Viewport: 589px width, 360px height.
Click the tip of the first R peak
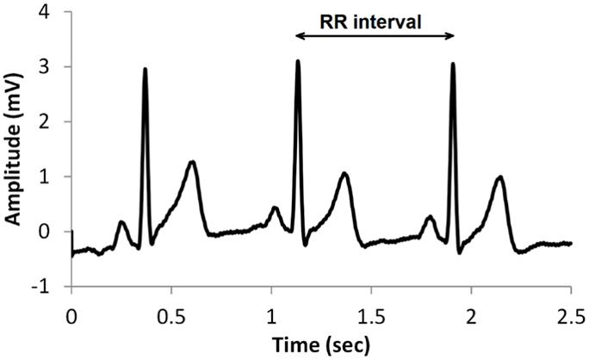145,69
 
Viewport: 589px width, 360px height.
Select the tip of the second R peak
298,61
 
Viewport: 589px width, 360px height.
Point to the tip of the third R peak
452,64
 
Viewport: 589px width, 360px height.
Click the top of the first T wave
192,162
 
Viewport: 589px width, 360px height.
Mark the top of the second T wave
344,174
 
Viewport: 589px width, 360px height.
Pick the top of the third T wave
499,177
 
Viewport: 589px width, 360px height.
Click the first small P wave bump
121,222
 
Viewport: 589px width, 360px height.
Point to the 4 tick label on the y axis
55,12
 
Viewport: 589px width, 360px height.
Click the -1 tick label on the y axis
51,287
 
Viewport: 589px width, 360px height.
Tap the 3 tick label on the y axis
55,67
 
